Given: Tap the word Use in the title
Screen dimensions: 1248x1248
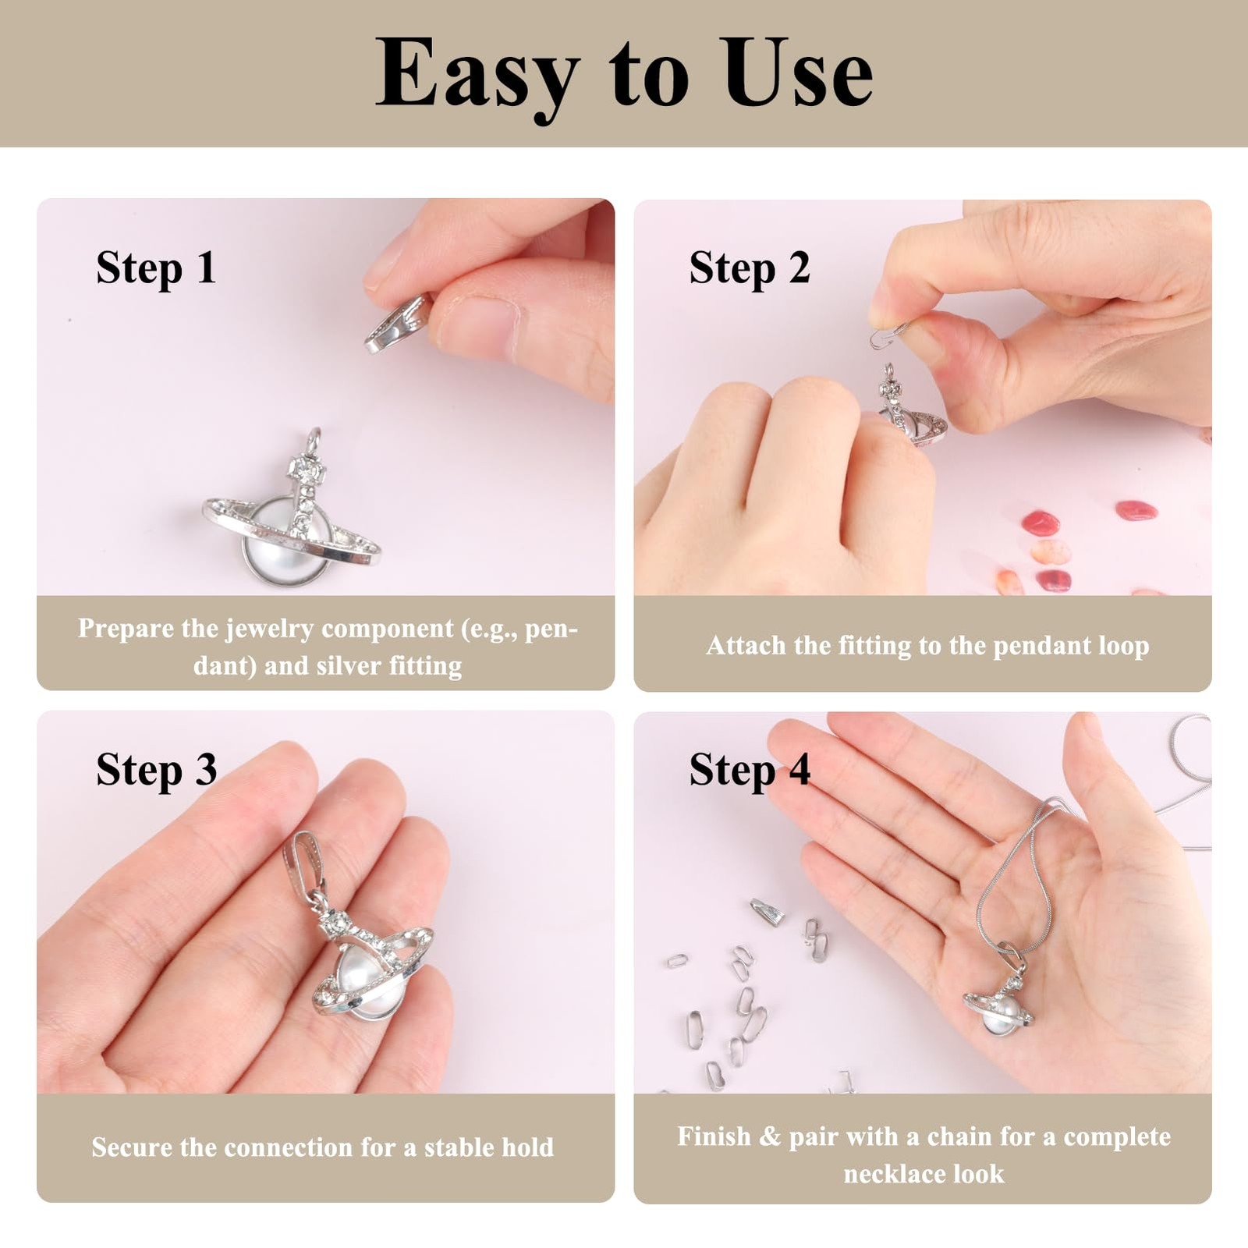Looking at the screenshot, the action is pyautogui.click(x=798, y=72).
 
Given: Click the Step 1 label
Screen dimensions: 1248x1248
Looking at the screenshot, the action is pyautogui.click(x=156, y=270).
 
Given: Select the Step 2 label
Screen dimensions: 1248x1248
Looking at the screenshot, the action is pyautogui.click(x=750, y=270).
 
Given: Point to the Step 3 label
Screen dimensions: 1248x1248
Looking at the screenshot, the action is pyautogui.click(x=156, y=771).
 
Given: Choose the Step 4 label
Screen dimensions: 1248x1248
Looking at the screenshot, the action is pyautogui.click(x=750, y=771).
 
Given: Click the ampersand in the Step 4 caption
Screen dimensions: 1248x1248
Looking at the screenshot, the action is pyautogui.click(x=770, y=1136).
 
